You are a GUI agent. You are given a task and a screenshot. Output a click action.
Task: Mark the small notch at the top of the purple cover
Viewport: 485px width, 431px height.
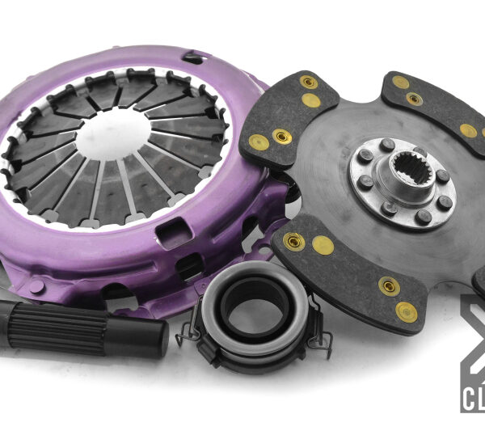pos(192,57)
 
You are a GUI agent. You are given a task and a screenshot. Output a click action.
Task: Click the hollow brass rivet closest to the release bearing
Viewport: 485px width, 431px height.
pos(294,240)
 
